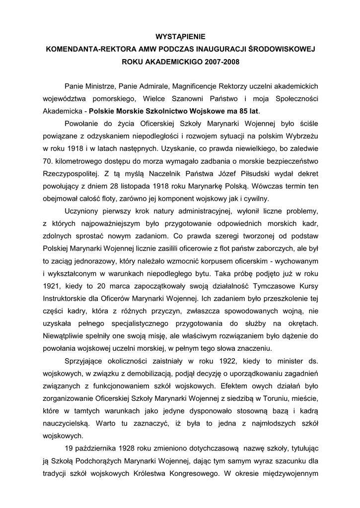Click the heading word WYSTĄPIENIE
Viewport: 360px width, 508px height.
pyautogui.click(x=180, y=37)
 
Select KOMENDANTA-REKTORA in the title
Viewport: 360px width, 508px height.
pyautogui.click(x=87, y=50)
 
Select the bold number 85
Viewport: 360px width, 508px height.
pyautogui.click(x=238, y=111)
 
